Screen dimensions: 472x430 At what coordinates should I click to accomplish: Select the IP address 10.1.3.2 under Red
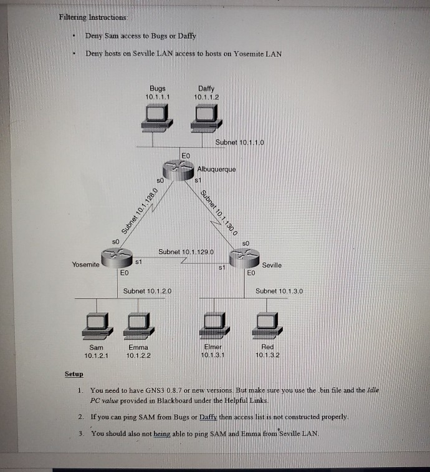(x=267, y=355)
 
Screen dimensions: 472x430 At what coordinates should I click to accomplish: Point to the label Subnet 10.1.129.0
(x=186, y=252)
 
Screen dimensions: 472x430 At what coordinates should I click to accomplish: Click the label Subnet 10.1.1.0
(x=240, y=142)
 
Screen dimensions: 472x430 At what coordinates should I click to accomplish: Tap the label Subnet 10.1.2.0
(x=148, y=291)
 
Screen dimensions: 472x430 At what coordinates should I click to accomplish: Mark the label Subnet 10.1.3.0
(x=279, y=291)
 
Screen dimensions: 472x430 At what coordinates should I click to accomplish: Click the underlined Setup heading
(x=74, y=375)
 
